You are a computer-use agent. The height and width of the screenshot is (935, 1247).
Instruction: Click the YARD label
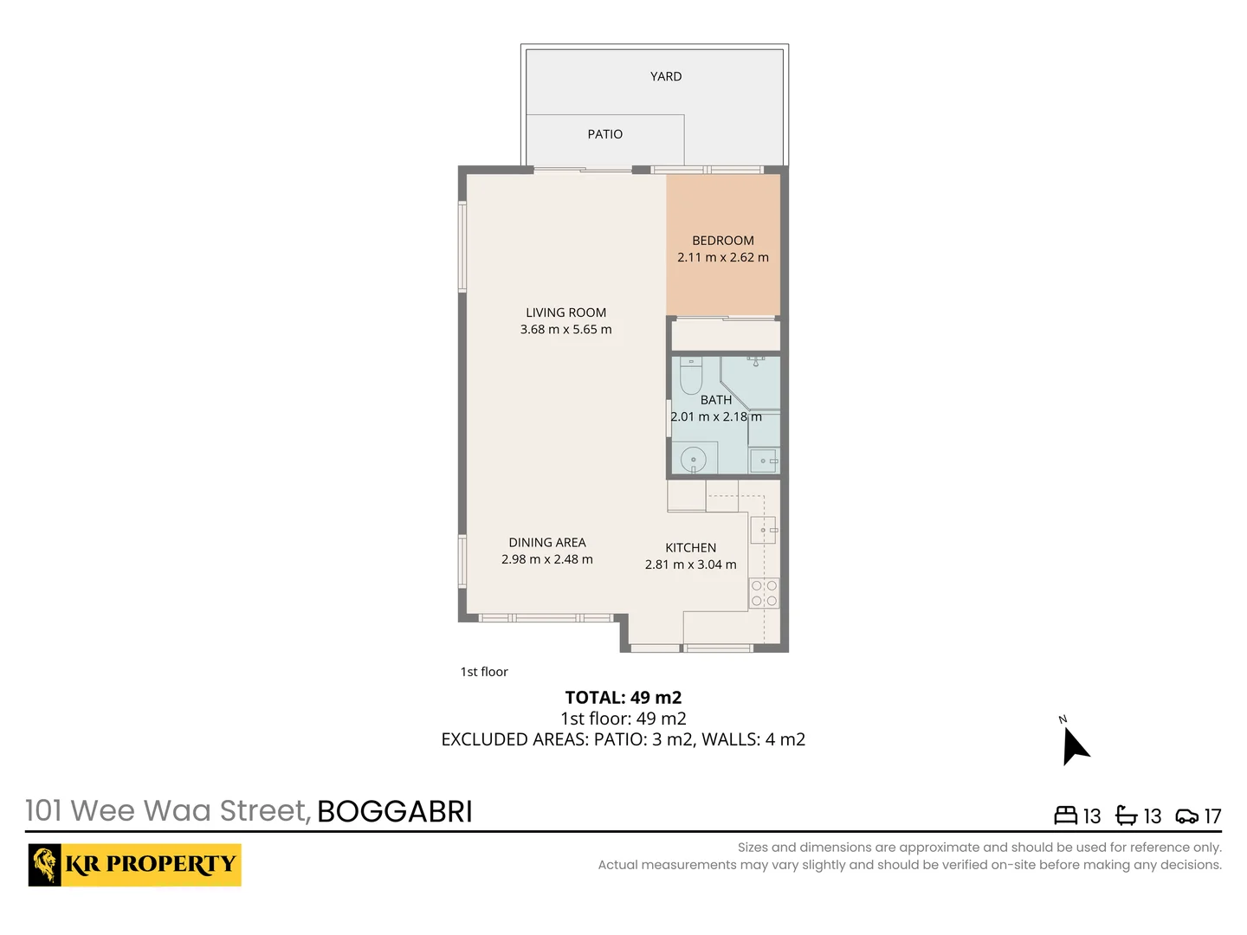coord(666,76)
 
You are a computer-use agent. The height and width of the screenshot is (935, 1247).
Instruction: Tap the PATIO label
coord(604,134)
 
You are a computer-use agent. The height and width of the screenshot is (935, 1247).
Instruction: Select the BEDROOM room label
coord(723,241)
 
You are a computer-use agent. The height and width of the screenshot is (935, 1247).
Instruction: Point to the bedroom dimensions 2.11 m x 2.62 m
coord(723,257)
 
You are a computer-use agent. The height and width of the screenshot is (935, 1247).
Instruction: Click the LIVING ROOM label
coord(565,313)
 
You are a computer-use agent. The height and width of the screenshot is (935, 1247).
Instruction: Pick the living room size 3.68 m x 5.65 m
coord(565,329)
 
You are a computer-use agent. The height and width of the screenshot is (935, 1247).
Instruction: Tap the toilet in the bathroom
coord(690,377)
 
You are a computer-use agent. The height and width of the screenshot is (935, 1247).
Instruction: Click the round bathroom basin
coord(694,459)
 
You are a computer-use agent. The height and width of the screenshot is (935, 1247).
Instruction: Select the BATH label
coord(716,400)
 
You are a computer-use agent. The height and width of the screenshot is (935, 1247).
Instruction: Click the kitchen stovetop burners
coord(764,593)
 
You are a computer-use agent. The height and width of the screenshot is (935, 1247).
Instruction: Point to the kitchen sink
coord(763,529)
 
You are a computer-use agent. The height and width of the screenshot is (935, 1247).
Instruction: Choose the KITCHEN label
coord(690,548)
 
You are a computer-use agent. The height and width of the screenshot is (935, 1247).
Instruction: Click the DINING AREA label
coord(547,543)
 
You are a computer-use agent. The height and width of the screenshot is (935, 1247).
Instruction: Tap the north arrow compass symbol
coord(1074,746)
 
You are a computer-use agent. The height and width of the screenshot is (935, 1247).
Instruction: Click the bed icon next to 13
coord(1065,816)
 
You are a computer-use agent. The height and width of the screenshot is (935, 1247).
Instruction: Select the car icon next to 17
coord(1186,816)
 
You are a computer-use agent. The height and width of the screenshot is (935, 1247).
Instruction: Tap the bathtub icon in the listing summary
coord(1126,816)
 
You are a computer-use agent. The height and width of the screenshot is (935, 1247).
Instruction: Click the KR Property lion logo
coord(45,865)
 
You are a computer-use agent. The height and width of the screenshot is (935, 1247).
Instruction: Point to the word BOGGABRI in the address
coord(395,811)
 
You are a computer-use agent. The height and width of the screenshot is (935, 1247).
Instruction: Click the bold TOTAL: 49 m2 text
coord(623,698)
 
